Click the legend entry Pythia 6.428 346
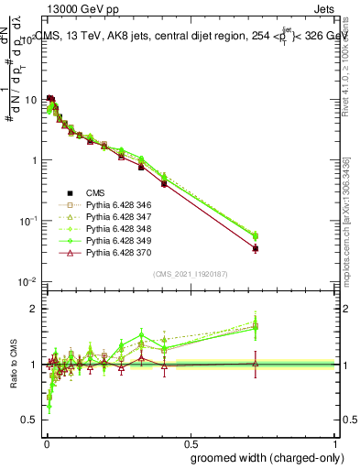coord(113,204)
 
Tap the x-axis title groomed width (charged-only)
coord(262,457)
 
